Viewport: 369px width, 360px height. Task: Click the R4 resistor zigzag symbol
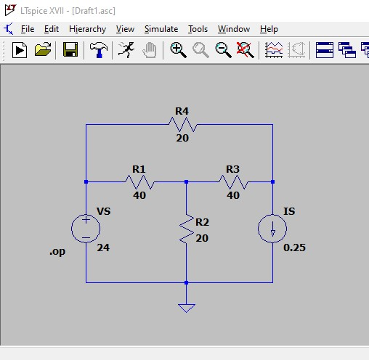(x=183, y=125)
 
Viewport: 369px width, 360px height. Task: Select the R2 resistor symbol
(x=187, y=229)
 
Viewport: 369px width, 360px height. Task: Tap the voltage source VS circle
(x=86, y=229)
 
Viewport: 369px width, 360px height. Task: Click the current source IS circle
(x=272, y=229)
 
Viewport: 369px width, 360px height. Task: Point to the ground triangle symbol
(x=187, y=308)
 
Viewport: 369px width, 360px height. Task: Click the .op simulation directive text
(x=57, y=252)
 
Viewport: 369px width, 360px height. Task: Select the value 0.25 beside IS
(x=294, y=247)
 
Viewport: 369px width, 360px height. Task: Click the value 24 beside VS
(x=103, y=247)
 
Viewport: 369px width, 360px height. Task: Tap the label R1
(x=139, y=169)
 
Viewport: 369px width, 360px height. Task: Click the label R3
(x=232, y=169)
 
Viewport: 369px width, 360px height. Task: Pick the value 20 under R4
(x=182, y=138)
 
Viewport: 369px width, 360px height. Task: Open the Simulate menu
(x=161, y=29)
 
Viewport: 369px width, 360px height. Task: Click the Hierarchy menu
(x=88, y=29)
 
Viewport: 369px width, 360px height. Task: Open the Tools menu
(x=198, y=29)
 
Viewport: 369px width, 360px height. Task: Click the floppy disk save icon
(x=70, y=49)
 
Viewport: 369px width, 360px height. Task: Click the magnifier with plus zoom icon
(x=178, y=50)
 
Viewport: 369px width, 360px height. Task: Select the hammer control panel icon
(x=99, y=50)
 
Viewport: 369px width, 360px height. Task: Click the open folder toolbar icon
(x=43, y=49)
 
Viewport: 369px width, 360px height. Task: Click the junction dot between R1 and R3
(x=186, y=181)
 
